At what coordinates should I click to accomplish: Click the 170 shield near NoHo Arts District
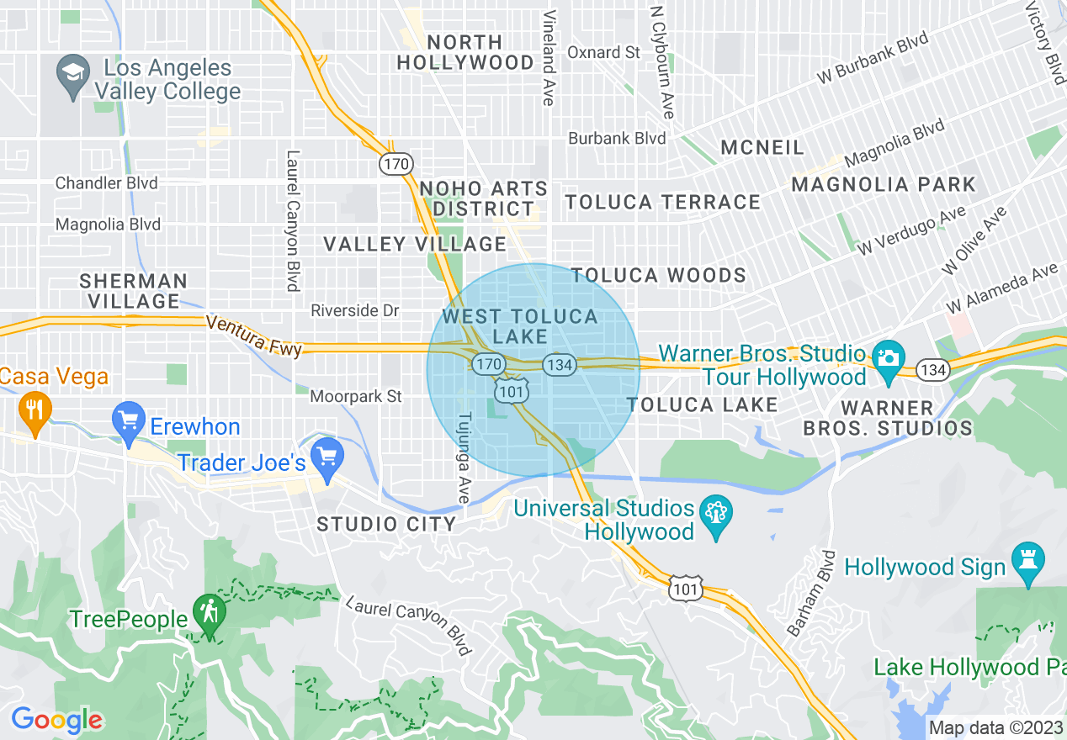[x=395, y=164]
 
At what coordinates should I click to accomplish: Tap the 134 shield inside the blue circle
[x=559, y=365]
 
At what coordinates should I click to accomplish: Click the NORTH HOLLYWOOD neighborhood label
[x=465, y=52]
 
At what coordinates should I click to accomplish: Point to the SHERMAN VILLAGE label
[x=135, y=290]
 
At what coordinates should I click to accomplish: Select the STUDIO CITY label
[x=386, y=525]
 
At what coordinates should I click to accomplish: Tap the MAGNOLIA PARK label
[x=884, y=184]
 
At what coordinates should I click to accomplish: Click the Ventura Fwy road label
[x=252, y=336]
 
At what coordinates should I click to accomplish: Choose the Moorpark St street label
[x=356, y=396]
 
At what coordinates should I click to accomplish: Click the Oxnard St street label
[x=603, y=52]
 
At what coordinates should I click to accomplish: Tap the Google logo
[x=56, y=720]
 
